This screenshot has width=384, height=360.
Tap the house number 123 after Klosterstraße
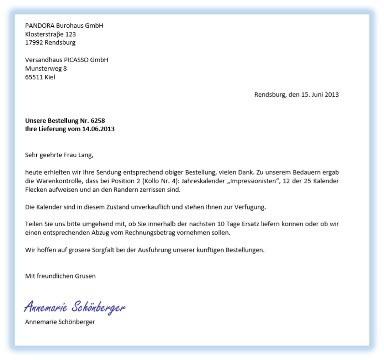coord(70,34)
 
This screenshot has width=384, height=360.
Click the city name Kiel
coord(50,77)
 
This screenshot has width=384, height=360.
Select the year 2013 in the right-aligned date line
coord(332,95)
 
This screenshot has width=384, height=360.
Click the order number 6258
coord(98,121)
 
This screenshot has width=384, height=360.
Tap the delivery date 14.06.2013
coord(98,129)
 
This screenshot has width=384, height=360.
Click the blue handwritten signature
coord(75,307)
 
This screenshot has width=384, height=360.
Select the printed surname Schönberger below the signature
coord(77,322)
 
